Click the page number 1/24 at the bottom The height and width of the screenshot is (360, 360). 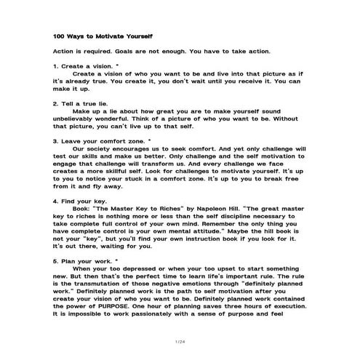coord(180,341)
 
